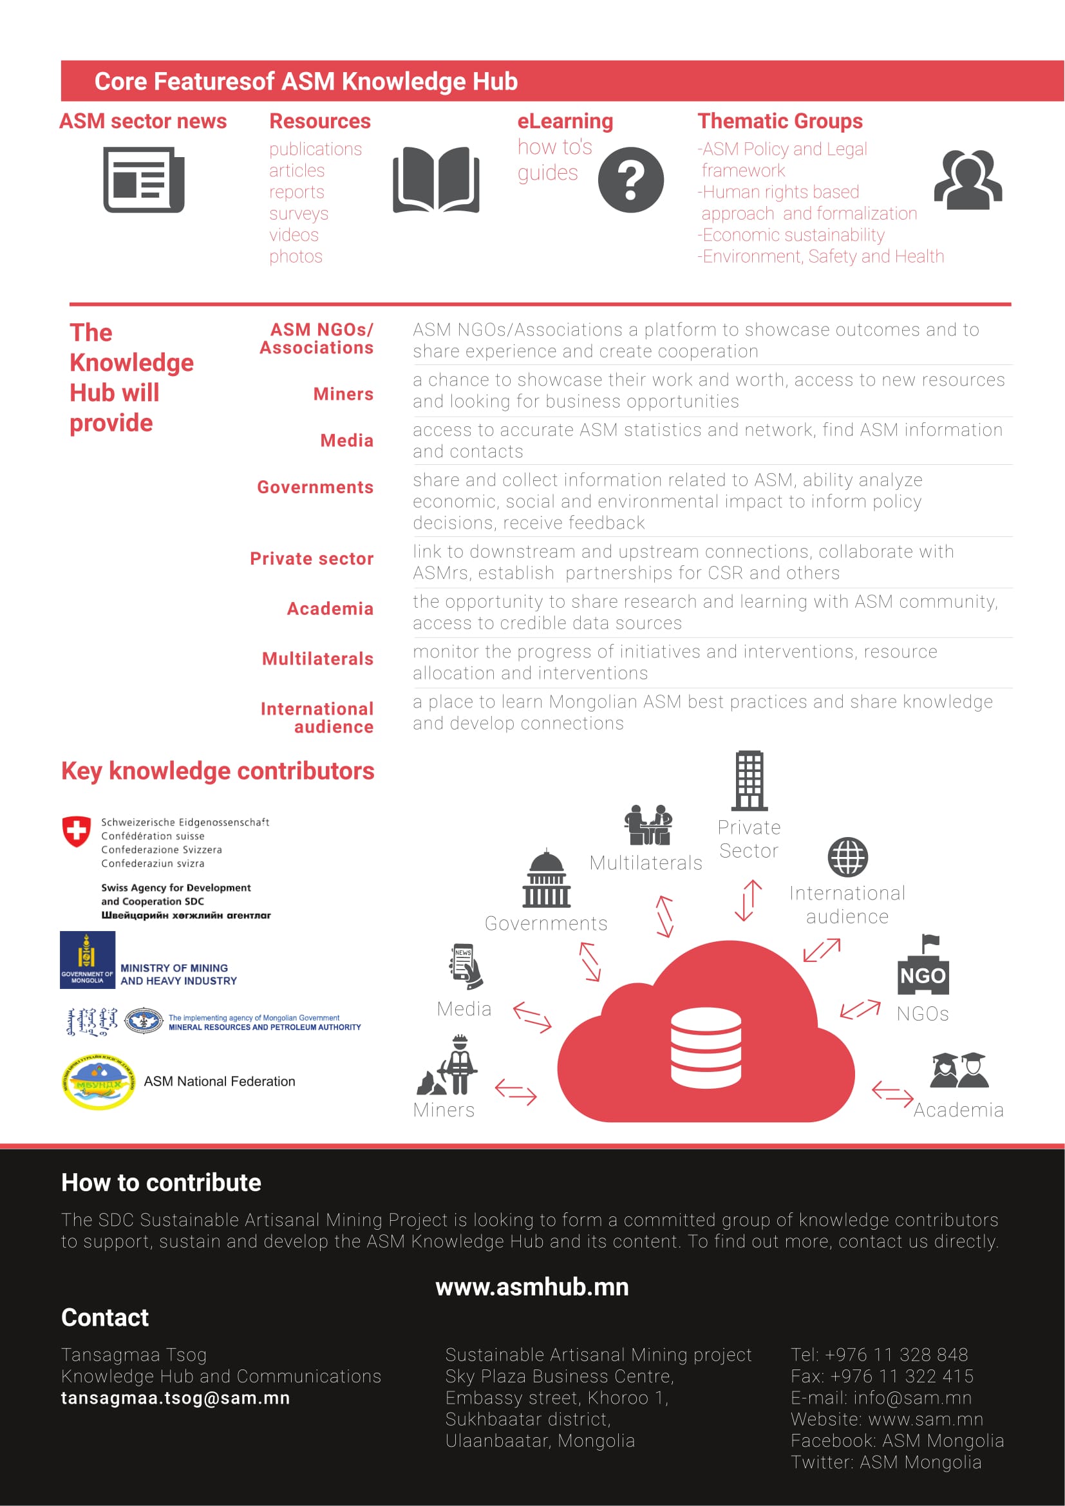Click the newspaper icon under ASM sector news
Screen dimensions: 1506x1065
(x=144, y=180)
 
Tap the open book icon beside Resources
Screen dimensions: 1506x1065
(x=436, y=180)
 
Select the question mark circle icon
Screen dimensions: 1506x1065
(x=630, y=180)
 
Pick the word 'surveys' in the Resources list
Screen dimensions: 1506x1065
(x=298, y=214)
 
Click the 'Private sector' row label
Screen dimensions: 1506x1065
(x=312, y=559)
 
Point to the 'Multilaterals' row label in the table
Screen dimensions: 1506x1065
(x=317, y=659)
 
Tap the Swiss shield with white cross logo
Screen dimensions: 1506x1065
(x=76, y=832)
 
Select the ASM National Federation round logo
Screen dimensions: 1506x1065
(x=99, y=1082)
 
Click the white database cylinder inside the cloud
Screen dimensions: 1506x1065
(x=706, y=1048)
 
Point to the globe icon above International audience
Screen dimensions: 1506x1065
(x=847, y=856)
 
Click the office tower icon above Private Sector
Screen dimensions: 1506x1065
(x=749, y=781)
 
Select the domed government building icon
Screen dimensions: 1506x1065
(x=546, y=879)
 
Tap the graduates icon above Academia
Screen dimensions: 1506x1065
(x=959, y=1071)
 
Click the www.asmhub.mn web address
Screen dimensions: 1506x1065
(x=532, y=1288)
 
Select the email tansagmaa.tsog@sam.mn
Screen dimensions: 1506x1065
(x=175, y=1398)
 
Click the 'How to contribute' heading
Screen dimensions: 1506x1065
(x=162, y=1183)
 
